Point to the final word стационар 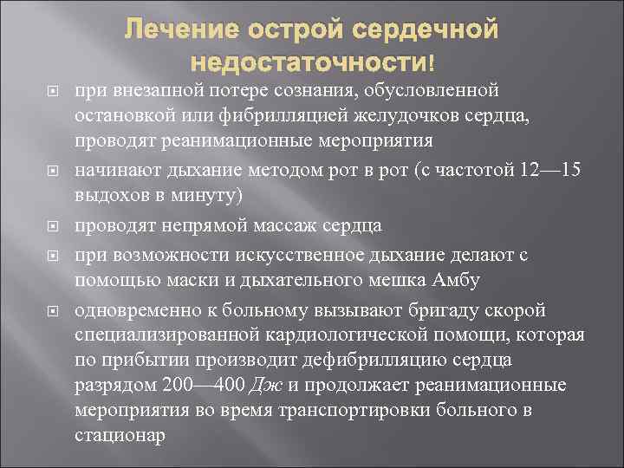click(x=118, y=435)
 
